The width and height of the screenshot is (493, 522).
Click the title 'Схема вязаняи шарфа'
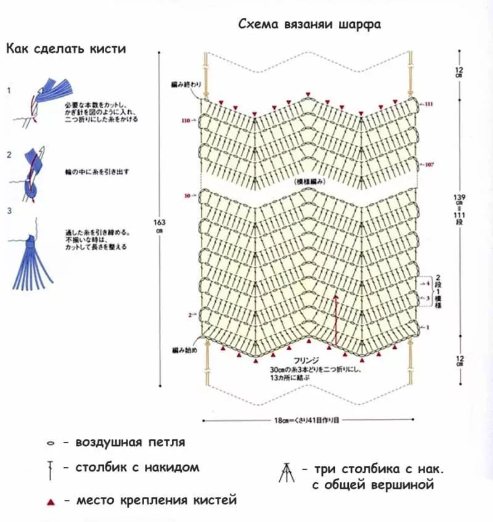tap(309, 25)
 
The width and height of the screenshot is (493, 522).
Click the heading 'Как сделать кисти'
tap(66, 49)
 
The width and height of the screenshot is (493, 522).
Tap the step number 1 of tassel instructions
tap(9, 91)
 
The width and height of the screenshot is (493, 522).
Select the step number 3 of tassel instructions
tap(9, 211)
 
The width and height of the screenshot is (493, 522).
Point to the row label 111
tap(429, 105)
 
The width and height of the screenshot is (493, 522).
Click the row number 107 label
tap(429, 165)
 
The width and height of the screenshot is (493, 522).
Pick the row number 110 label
tap(185, 121)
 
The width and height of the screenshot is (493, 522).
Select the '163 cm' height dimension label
tap(160, 226)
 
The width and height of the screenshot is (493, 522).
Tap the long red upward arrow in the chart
tap(336, 320)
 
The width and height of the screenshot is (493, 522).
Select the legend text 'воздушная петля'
tap(130, 442)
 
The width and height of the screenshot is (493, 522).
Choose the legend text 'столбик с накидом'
tap(137, 467)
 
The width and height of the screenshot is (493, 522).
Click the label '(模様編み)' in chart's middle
tap(309, 182)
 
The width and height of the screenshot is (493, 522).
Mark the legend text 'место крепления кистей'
tap(156, 500)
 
